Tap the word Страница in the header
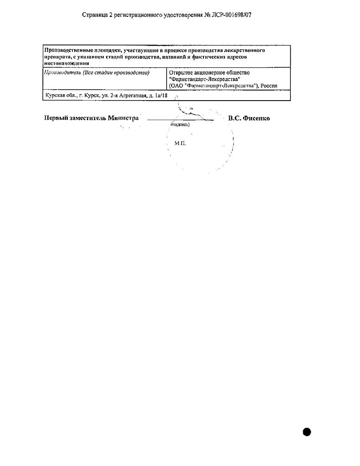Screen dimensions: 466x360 coord(95,15)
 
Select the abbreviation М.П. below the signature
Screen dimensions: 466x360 coord(180,143)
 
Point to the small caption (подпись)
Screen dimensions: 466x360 coord(180,124)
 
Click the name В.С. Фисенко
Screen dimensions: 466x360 coord(249,118)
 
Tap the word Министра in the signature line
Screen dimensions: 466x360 coord(123,118)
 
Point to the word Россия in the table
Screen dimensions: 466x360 coord(269,86)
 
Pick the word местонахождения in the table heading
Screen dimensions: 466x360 coord(66,63)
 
